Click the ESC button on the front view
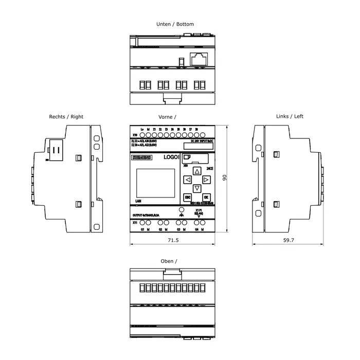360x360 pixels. (188, 197)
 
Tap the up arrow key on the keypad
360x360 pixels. (197, 171)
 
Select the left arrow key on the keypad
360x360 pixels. (188, 180)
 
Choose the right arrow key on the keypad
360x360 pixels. (206, 180)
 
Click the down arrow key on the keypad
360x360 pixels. (197, 188)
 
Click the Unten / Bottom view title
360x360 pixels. (175, 24)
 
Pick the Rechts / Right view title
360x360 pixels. (66, 117)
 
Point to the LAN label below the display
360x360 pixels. (138, 201)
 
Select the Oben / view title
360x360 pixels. (169, 261)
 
